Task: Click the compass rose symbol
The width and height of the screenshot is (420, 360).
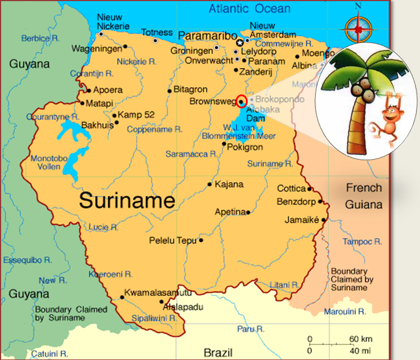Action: [x=358, y=26]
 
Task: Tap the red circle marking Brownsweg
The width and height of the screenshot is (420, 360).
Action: [x=242, y=101]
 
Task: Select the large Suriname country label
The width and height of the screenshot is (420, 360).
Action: [x=127, y=200]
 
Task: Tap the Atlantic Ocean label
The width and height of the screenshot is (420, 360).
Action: [x=249, y=8]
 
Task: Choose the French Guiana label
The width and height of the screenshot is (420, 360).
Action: [x=364, y=196]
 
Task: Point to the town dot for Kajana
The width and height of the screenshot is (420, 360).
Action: [x=210, y=184]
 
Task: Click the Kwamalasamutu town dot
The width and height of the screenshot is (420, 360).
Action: [x=122, y=297]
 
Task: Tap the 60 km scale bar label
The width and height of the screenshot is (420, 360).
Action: [x=361, y=339]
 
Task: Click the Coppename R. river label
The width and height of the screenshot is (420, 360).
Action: [x=155, y=129]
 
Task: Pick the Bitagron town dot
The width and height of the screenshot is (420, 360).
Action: [x=170, y=90]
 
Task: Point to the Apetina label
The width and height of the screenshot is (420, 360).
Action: [x=230, y=212]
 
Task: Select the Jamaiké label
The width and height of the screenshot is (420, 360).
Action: [x=302, y=220]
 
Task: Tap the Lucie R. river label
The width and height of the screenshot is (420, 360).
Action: [x=103, y=227]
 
